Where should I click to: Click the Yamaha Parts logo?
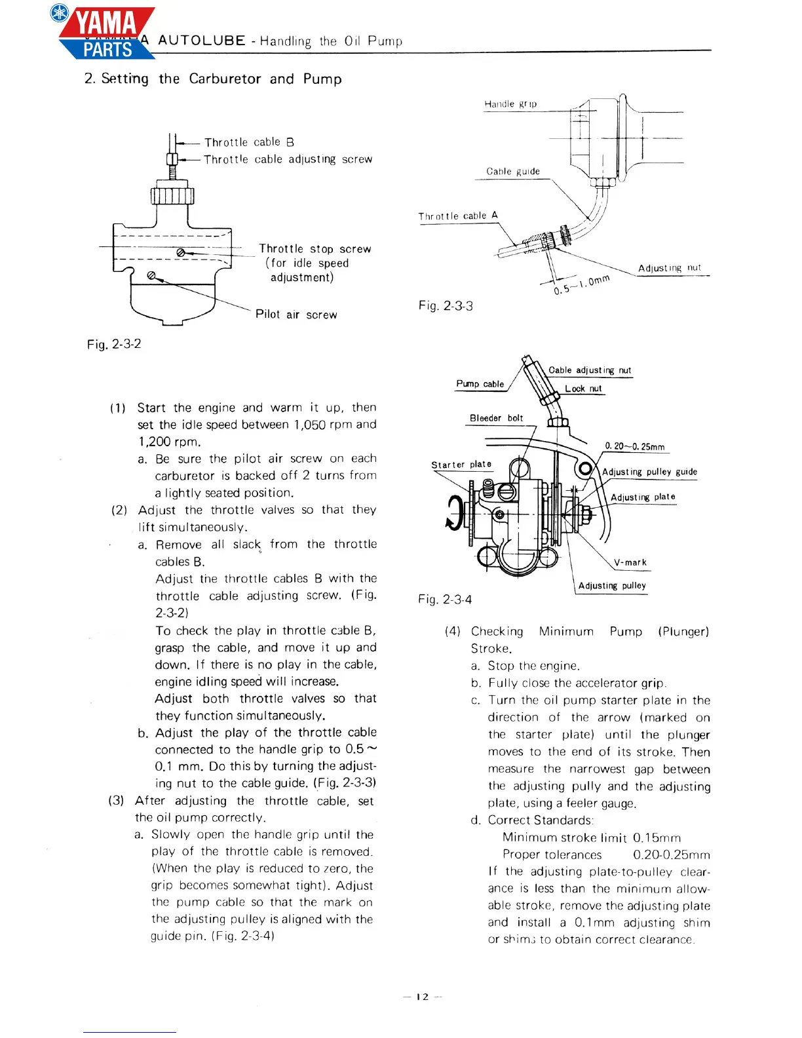tap(105, 33)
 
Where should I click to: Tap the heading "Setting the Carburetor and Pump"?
tap(213, 79)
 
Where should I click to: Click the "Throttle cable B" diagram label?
tap(249, 142)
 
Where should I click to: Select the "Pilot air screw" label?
tap(296, 315)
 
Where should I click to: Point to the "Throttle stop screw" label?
tap(315, 249)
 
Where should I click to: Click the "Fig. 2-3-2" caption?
tap(114, 344)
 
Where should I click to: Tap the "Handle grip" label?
tap(510, 104)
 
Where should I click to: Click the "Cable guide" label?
tap(513, 172)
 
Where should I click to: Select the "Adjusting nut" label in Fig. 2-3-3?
tap(669, 268)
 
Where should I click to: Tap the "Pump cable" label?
tap(480, 384)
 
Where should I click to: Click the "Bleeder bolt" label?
tap(496, 418)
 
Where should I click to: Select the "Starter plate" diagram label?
tap(461, 465)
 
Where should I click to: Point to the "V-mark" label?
tap(630, 562)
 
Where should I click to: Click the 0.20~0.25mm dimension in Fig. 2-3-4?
tap(634, 447)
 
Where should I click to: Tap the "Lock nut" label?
tap(583, 389)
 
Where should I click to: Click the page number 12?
tap(423, 997)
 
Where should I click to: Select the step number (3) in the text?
tap(117, 800)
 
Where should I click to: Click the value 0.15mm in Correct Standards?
tap(657, 837)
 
